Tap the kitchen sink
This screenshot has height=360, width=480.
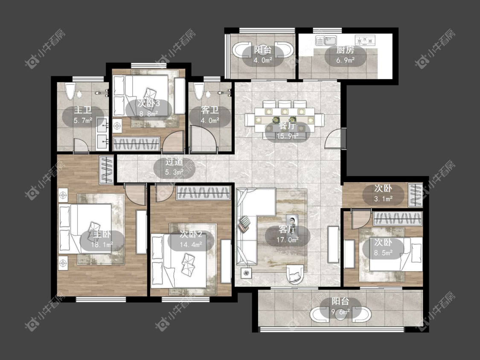click(x=326, y=41)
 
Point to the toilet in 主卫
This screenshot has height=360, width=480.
click(x=70, y=91)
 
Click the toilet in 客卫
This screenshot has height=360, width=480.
click(x=199, y=91)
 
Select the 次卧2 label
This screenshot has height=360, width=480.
click(x=191, y=234)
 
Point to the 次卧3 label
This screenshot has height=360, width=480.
click(x=148, y=103)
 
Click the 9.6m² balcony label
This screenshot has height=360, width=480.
click(x=340, y=312)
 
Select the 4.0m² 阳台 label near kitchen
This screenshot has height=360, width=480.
click(x=263, y=60)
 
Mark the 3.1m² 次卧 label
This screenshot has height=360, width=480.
click(x=383, y=199)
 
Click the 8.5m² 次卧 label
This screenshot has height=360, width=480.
click(x=383, y=253)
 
